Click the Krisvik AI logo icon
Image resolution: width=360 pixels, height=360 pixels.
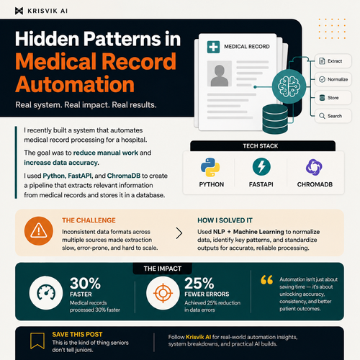click(19, 11)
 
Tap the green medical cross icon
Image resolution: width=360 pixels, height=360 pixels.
click(213, 47)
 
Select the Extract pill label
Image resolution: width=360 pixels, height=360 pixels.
click(333, 61)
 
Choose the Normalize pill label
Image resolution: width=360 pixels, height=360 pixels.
click(333, 79)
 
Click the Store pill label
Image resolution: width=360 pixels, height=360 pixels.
click(333, 98)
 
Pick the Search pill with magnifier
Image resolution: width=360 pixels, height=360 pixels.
click(333, 116)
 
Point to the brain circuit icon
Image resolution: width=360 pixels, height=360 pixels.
click(289, 86)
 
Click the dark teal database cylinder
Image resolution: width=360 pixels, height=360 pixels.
click(275, 119)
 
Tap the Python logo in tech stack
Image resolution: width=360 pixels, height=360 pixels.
click(210, 167)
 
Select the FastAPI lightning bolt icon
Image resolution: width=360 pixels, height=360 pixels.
click(261, 166)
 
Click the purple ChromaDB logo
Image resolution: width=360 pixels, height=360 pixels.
click(314, 167)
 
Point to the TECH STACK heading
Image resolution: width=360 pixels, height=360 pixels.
click(261, 146)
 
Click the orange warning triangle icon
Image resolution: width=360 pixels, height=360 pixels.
click(39, 230)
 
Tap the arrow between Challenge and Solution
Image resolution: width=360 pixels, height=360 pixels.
click(179, 233)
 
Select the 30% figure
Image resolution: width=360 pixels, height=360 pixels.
click(85, 284)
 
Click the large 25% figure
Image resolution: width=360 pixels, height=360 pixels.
click(199, 284)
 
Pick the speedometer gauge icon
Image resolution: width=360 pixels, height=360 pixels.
click(46, 292)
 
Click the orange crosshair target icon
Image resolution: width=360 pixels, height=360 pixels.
click(163, 293)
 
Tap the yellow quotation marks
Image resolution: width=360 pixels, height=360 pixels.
click(267, 280)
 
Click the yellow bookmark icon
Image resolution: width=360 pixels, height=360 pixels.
click(37, 341)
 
